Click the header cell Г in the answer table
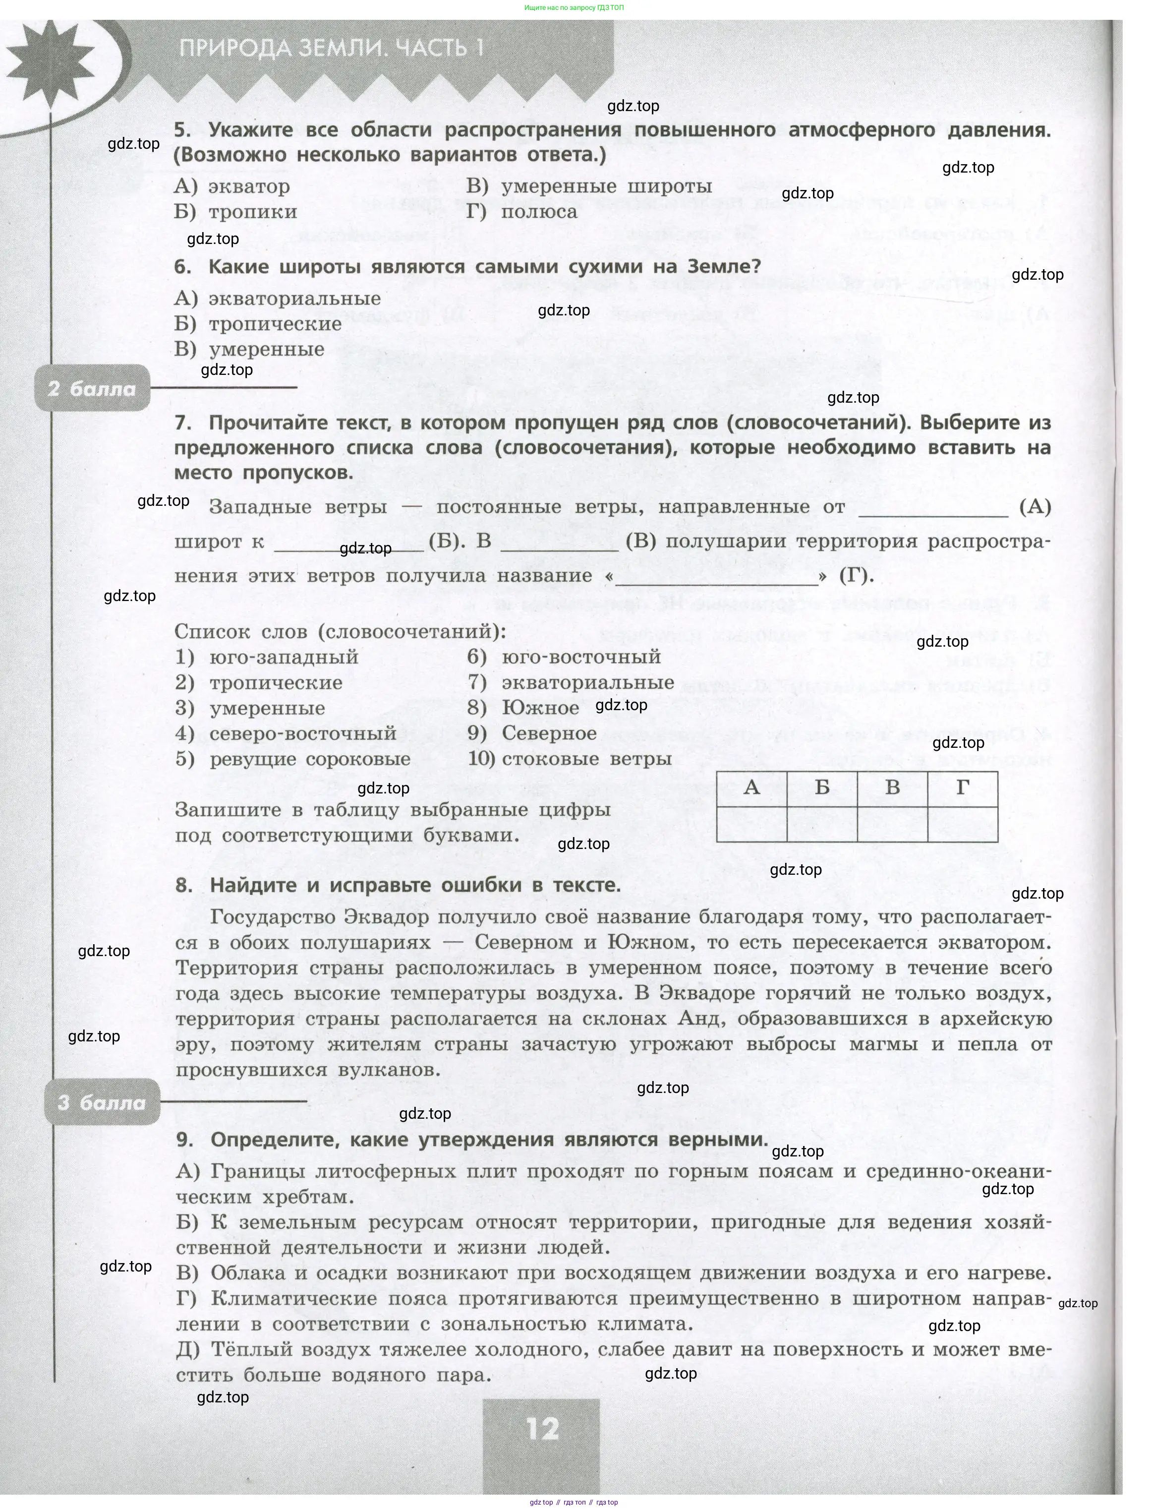click(962, 788)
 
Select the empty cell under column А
click(751, 824)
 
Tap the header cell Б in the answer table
click(822, 788)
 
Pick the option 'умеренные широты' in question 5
click(606, 186)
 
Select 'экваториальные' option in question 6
click(294, 298)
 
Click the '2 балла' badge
click(92, 388)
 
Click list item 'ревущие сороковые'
click(310, 759)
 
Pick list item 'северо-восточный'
click(302, 733)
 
